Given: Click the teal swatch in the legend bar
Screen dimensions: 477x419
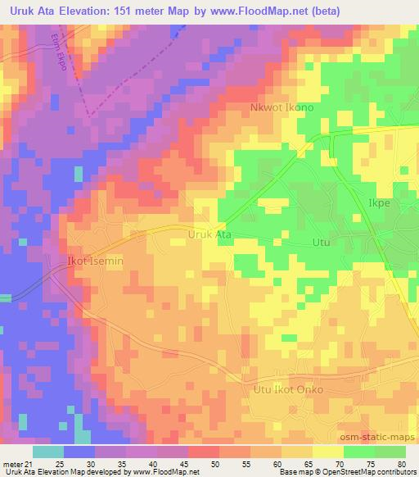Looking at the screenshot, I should [x=48, y=452].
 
